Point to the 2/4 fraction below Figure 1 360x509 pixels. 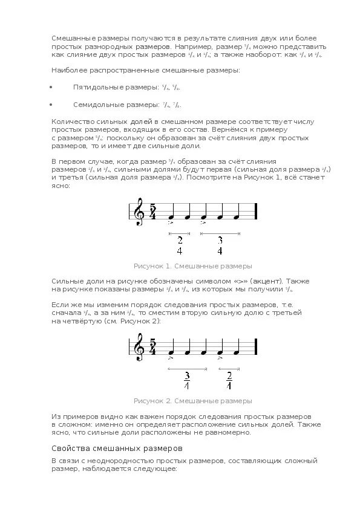coord(180,245)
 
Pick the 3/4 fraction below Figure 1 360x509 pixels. coord(220,245)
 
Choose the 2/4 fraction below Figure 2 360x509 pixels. coord(229,380)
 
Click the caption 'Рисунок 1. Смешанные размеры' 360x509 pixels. coord(192,266)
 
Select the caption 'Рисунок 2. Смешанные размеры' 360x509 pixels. coord(192,401)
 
